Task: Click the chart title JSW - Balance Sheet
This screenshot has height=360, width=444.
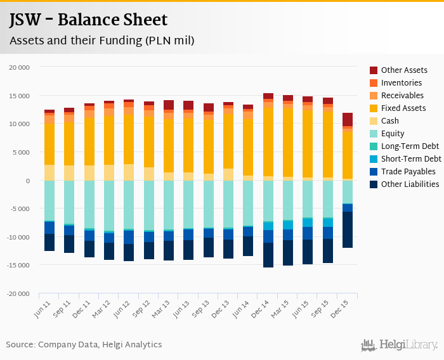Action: click(88, 21)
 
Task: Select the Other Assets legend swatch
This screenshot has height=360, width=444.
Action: click(374, 70)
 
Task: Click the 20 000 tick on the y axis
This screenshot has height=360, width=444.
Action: click(20, 67)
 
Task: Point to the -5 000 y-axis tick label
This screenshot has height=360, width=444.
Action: click(20, 209)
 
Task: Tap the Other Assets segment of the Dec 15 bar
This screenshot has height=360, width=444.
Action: click(348, 119)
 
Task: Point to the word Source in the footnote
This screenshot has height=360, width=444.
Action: click(20, 345)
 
